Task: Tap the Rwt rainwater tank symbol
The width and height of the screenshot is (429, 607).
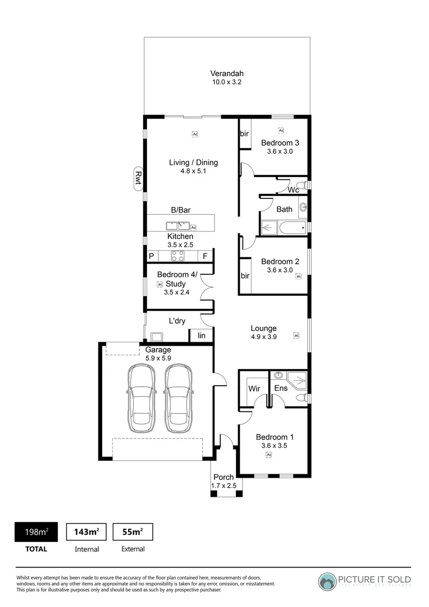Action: coord(137,179)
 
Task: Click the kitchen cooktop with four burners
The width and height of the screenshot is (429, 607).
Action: coord(178,256)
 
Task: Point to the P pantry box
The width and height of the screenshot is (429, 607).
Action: coord(151,256)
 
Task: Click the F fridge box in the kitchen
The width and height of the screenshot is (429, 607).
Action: coord(206,256)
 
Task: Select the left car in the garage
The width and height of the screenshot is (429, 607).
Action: coord(141,396)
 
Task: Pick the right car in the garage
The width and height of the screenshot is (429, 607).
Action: coord(178,396)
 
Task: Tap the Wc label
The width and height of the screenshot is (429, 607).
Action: coord(293,190)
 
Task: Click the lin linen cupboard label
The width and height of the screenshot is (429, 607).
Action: coord(202,336)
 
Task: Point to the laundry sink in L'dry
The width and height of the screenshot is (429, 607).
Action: coord(154,337)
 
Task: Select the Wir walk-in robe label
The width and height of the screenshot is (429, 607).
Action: coord(254,388)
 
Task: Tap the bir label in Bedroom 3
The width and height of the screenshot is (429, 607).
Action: coord(244,134)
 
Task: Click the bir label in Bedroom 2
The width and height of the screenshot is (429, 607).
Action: coord(244,276)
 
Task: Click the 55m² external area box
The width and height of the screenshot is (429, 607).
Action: coord(133,532)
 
